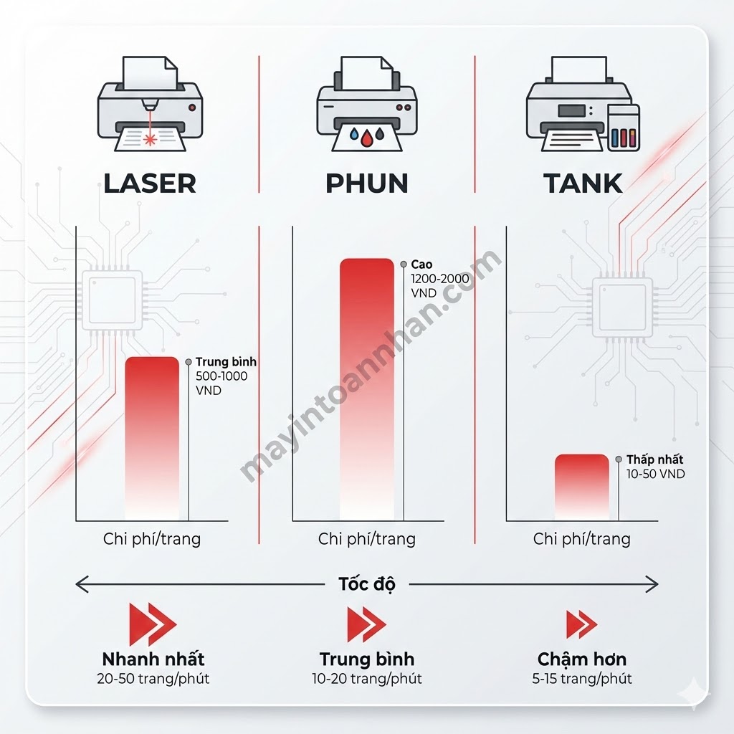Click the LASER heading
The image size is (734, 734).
tap(149, 183)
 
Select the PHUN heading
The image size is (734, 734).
tap(366, 183)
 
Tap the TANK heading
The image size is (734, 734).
tap(583, 183)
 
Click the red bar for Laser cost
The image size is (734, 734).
tap(152, 437)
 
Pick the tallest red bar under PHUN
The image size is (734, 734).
tap(366, 387)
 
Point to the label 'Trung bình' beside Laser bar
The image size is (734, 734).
tap(226, 362)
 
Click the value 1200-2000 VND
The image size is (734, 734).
tap(439, 279)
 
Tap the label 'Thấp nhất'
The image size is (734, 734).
tap(654, 459)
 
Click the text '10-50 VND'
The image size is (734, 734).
tap(655, 474)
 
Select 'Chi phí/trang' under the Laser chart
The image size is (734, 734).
tap(152, 539)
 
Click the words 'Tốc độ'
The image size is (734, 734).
tap(366, 583)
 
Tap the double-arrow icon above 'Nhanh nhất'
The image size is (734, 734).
tap(152, 624)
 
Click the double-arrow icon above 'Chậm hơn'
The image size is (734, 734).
tap(581, 624)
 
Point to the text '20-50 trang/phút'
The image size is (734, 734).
tap(153, 678)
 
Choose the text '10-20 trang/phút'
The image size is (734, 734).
tap(366, 678)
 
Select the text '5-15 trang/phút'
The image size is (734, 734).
tap(582, 678)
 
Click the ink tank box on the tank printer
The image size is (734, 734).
tap(623, 128)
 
